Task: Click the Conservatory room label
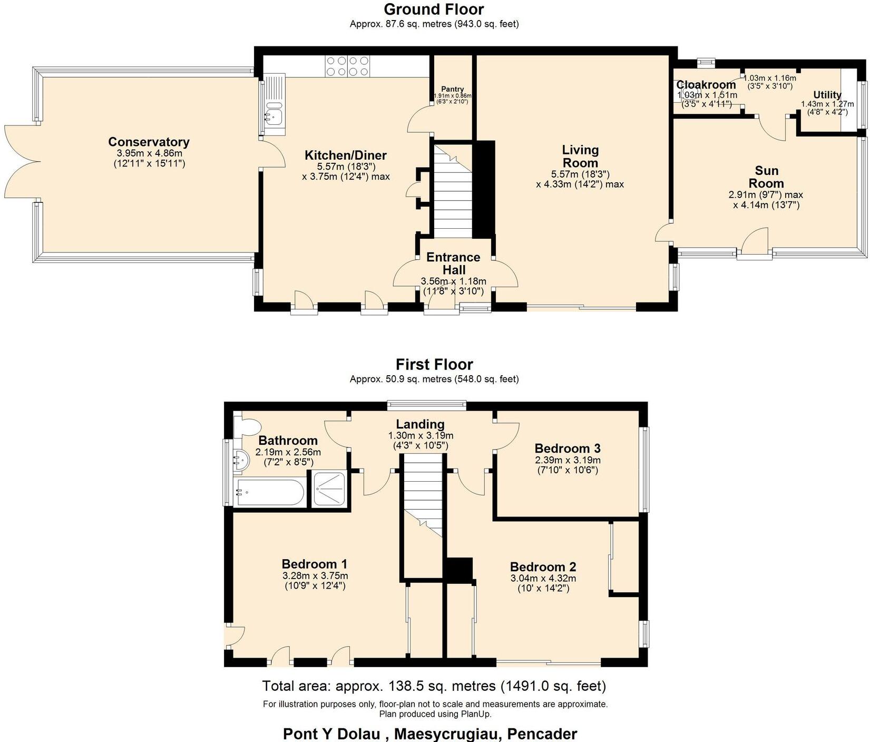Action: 149,142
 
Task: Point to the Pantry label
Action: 453,89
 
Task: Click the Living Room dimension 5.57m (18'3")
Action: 580,174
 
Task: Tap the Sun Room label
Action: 766,177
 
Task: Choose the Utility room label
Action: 827,95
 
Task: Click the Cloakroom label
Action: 706,85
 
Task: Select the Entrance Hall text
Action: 453,263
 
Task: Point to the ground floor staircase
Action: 452,192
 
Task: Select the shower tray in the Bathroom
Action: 330,489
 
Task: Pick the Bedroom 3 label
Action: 567,448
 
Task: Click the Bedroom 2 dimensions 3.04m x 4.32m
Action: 543,578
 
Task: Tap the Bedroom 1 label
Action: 314,564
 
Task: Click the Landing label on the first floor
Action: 420,424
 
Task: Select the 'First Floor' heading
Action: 434,365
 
